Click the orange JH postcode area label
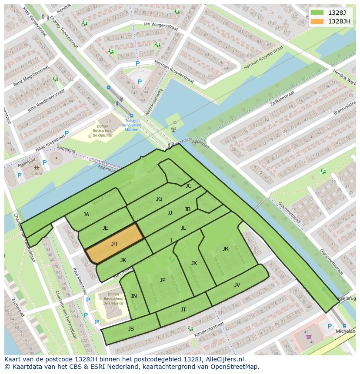coord(114,244)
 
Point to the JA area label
coord(86,215)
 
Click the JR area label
coord(225,249)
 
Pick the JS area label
coord(131,329)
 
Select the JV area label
coord(237,285)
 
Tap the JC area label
coord(188,186)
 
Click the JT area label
coord(183,310)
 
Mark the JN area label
coord(134,296)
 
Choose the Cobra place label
coord(37,174)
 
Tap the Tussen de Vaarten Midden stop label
coord(132,125)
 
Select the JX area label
coord(194,263)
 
